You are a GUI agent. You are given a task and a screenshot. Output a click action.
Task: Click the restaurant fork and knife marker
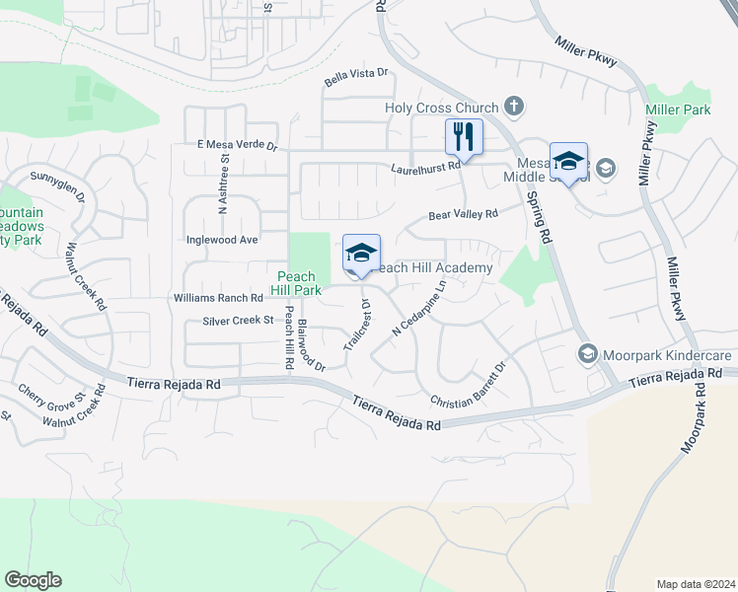463,136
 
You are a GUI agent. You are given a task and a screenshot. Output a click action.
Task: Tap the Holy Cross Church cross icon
512,106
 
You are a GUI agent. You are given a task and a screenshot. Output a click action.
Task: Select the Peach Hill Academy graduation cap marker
361,254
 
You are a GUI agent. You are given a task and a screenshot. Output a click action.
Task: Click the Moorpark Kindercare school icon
588,353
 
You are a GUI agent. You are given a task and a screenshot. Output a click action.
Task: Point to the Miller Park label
678,110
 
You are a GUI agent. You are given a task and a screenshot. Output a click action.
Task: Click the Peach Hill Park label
296,284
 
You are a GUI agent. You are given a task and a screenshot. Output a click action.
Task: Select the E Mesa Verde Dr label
238,145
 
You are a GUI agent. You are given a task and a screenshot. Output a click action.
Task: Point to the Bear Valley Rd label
463,214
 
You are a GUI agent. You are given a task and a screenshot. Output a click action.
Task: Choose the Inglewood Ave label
222,240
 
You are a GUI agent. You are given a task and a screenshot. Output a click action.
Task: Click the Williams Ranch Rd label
218,297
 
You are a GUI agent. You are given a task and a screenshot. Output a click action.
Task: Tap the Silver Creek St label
238,321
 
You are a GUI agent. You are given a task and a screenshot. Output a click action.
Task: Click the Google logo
33,580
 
